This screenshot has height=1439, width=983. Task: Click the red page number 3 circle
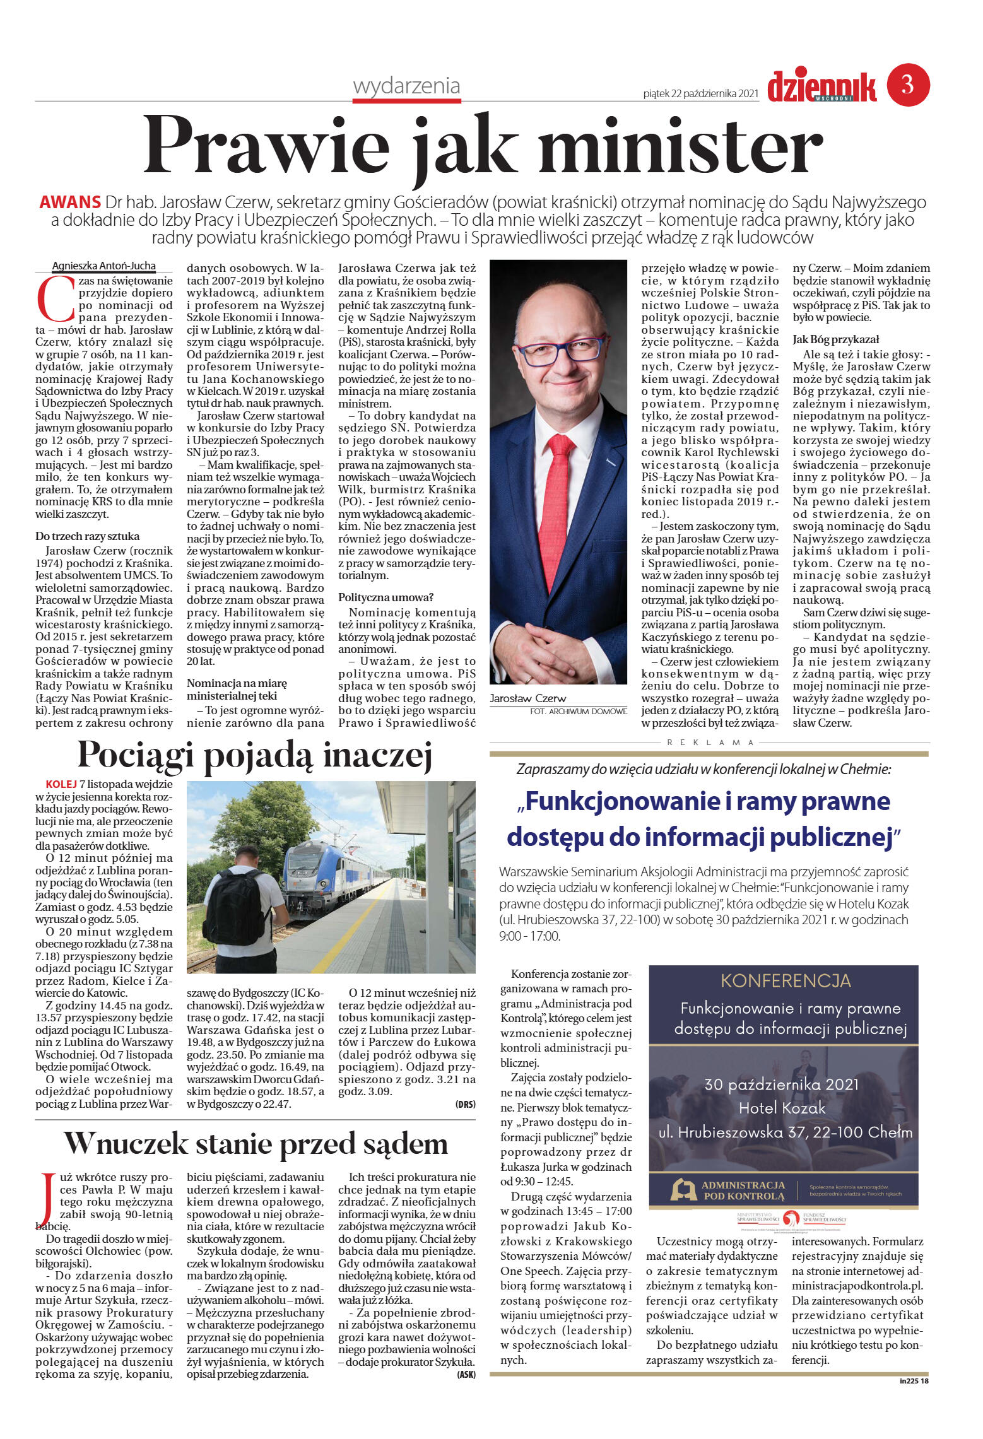point(908,85)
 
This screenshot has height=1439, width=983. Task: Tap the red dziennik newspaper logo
point(821,86)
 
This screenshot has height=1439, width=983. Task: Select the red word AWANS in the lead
point(70,203)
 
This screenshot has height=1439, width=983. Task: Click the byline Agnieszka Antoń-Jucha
point(103,266)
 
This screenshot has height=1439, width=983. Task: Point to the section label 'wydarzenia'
point(406,86)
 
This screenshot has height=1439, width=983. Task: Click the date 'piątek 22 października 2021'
point(700,93)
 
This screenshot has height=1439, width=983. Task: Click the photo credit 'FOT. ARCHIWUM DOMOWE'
point(579,711)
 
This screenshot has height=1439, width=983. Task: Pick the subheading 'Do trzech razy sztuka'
point(87,536)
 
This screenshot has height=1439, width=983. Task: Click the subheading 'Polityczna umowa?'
point(386,597)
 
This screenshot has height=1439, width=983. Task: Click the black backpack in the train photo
point(236,902)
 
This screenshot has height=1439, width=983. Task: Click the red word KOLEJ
point(61,784)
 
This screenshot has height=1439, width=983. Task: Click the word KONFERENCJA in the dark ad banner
point(786,980)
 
